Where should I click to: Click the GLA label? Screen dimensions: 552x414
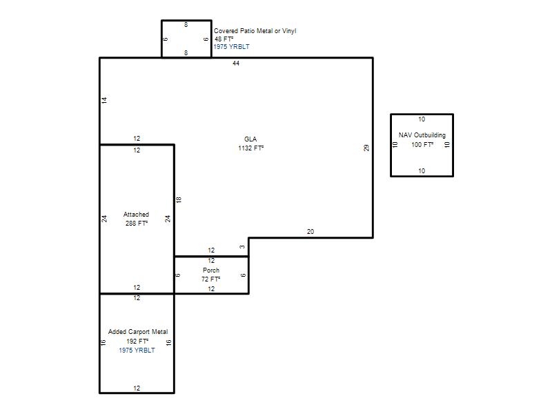(250, 139)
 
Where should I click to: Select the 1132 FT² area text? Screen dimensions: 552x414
(250, 148)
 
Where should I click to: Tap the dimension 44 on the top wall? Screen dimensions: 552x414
(236, 63)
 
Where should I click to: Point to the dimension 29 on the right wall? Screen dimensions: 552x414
(366, 148)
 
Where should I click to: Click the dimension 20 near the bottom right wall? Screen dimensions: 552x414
(310, 232)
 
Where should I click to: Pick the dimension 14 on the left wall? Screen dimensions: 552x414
(104, 100)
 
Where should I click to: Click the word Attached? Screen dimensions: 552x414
(136, 215)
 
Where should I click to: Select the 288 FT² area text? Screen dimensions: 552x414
(137, 223)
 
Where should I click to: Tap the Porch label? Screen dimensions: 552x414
(211, 270)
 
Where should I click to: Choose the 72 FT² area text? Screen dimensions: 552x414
(211, 279)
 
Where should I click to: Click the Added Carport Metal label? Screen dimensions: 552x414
(138, 332)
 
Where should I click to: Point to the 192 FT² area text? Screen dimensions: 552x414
(137, 341)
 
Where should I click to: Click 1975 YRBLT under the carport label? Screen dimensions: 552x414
(137, 351)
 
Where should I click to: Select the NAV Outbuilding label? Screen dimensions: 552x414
(422, 135)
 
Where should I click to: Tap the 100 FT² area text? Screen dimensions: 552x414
(422, 144)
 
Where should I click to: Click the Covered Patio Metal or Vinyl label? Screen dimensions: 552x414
(255, 31)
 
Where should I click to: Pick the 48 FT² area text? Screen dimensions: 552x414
(224, 39)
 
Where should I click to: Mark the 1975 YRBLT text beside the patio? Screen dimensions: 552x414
(231, 47)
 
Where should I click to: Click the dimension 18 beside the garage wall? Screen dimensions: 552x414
(179, 200)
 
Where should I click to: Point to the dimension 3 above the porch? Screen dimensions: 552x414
(242, 247)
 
